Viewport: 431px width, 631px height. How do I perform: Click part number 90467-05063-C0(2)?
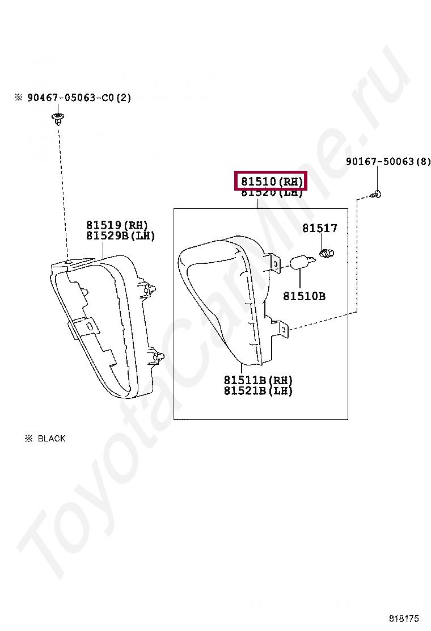click(79, 98)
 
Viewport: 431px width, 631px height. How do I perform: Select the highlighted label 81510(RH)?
click(271, 182)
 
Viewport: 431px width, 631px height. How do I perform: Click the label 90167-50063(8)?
click(388, 162)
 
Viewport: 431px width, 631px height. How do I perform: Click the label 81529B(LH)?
click(120, 235)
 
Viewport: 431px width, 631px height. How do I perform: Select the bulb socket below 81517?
click(326, 253)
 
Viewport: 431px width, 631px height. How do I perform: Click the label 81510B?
click(304, 296)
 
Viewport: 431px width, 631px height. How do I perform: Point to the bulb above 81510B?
click(300, 263)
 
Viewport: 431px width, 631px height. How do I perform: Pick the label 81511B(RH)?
click(258, 380)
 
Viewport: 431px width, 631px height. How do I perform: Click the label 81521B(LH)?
click(258, 390)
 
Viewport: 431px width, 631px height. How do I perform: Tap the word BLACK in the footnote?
click(52, 439)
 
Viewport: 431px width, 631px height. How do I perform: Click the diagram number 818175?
click(404, 617)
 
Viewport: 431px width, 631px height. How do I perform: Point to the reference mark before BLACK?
click(28, 439)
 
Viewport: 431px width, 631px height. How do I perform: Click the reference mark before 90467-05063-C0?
click(19, 98)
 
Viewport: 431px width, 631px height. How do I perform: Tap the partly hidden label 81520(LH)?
click(271, 193)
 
